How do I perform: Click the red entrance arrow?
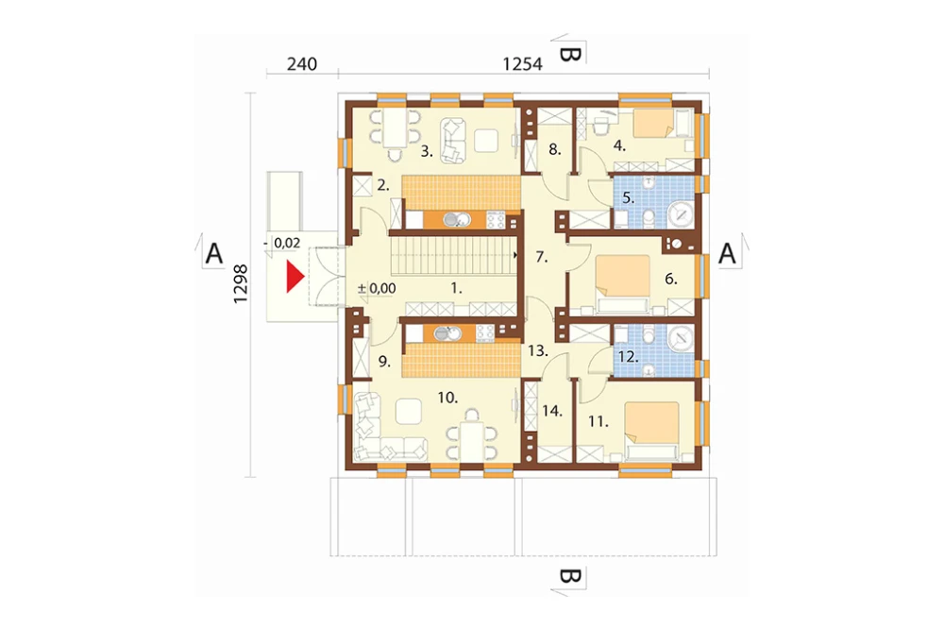(294, 277)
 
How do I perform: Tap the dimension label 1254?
(523, 64)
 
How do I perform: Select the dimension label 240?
(302, 64)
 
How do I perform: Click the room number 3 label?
(427, 152)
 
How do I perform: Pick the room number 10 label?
(447, 398)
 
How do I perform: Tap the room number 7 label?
(541, 257)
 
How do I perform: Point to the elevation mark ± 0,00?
(377, 289)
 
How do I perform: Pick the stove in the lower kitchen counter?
(485, 332)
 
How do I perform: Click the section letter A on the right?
(727, 254)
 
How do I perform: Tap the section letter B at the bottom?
(570, 576)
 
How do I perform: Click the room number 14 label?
(552, 412)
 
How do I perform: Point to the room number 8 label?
(554, 149)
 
